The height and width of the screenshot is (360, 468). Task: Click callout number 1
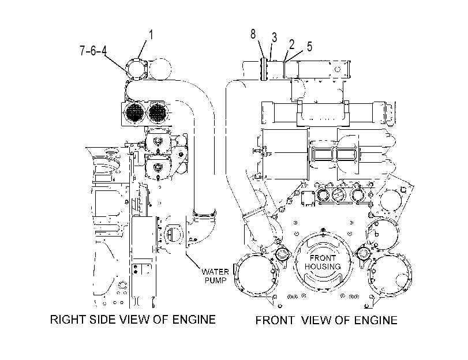click(151, 35)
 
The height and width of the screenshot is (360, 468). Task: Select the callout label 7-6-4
click(93, 50)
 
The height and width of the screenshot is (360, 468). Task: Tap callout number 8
click(253, 34)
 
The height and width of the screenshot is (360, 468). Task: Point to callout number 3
click(274, 37)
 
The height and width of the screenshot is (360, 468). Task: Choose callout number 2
click(291, 44)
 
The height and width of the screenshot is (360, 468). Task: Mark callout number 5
click(309, 47)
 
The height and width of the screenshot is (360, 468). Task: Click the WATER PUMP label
click(215, 276)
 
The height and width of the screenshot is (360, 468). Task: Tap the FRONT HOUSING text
click(323, 262)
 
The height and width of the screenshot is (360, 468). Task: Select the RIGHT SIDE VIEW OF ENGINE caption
click(133, 320)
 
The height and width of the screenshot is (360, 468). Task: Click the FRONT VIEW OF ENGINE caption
click(326, 320)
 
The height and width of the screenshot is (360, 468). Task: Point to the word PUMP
click(215, 280)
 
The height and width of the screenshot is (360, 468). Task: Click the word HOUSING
click(323, 267)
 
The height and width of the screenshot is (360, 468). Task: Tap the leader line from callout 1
click(143, 49)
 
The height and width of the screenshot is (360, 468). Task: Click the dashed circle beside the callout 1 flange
click(160, 69)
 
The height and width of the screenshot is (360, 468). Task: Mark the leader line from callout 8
click(261, 49)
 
